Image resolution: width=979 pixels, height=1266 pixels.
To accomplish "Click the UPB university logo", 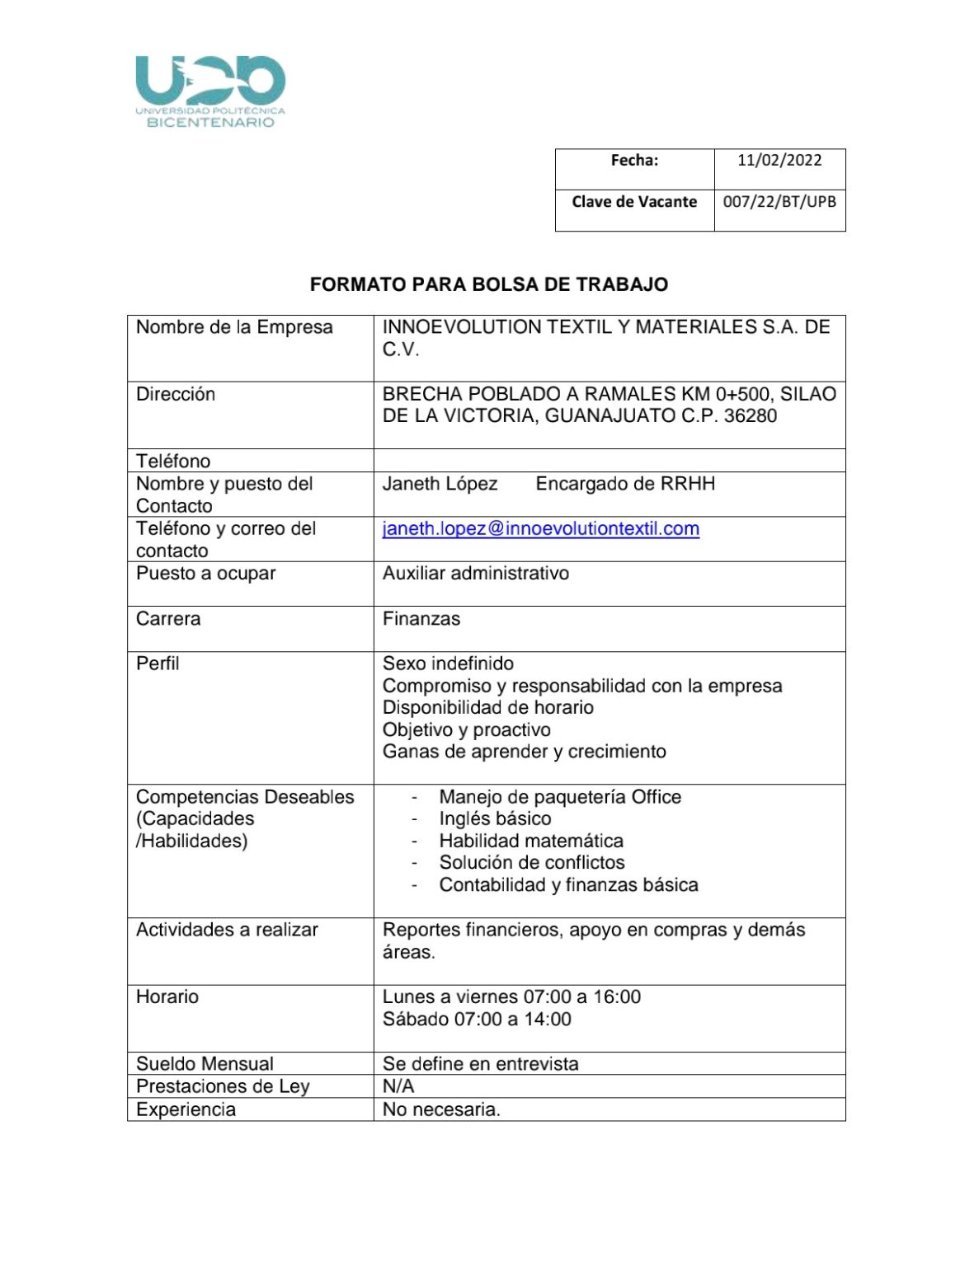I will point(210,91).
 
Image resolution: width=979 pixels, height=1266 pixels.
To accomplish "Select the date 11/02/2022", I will point(779,160).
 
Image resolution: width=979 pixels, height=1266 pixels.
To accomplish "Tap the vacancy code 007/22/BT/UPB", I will point(779,202).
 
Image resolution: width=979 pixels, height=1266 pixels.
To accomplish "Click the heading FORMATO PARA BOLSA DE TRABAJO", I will point(489,284).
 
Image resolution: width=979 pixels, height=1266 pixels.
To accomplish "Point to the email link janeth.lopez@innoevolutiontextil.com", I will point(540,529).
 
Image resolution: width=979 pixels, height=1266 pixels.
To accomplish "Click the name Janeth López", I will point(440,484).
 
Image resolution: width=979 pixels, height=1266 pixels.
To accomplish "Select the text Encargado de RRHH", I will point(625,484).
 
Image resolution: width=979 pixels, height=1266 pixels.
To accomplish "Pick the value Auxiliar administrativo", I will point(475,574).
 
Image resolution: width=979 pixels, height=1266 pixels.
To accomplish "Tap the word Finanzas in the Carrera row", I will point(421,619).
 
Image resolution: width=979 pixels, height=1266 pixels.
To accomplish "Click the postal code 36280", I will point(750,416).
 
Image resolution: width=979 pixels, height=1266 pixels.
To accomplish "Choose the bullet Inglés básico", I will point(495,819).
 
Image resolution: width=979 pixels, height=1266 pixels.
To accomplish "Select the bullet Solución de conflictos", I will point(532,863).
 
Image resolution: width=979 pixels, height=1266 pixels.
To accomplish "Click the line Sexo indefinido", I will point(448,663).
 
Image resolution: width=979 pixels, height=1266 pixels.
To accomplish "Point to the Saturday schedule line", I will point(477,1020).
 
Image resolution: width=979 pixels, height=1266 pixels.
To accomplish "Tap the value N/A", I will point(398,1086).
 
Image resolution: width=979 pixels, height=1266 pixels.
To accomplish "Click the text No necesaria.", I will point(441,1109).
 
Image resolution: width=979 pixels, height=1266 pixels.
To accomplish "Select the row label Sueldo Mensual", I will point(205,1064).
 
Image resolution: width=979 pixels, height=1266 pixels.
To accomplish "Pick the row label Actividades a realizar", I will point(227,930).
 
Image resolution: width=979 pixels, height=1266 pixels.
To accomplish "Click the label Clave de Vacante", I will point(634,202).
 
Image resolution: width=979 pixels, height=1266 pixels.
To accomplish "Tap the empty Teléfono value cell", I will point(609,461).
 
